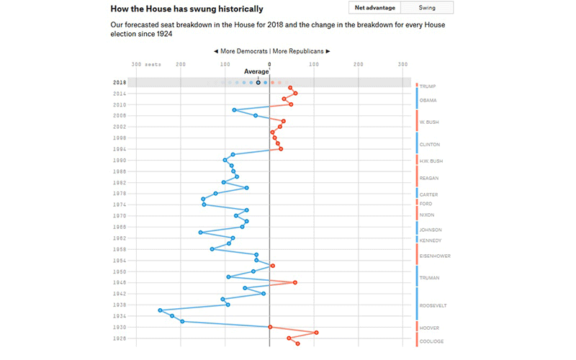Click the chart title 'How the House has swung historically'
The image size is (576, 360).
[x=186, y=9]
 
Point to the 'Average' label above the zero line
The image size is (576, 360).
[x=256, y=71]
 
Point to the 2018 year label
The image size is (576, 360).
[x=120, y=83]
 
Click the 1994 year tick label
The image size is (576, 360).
[x=120, y=149]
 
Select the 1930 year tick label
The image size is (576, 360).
[x=120, y=327]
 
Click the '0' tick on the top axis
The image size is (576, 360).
[x=269, y=64]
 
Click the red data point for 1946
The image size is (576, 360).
[x=294, y=283]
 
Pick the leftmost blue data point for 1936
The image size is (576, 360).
[x=160, y=310]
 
